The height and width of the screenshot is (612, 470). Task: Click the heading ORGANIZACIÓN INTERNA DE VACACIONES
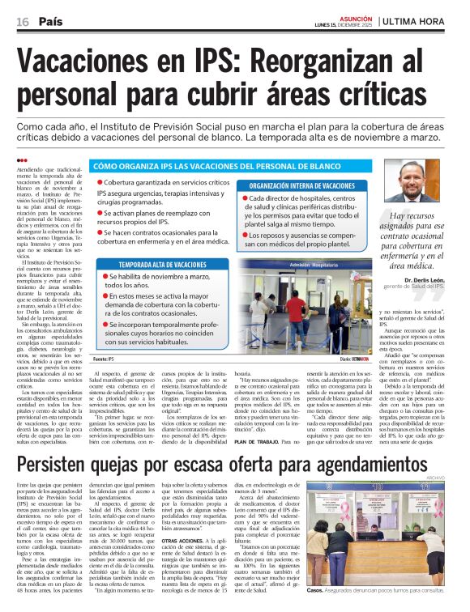pos(301,185)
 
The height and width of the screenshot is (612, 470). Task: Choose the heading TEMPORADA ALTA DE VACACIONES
pos(162,265)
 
